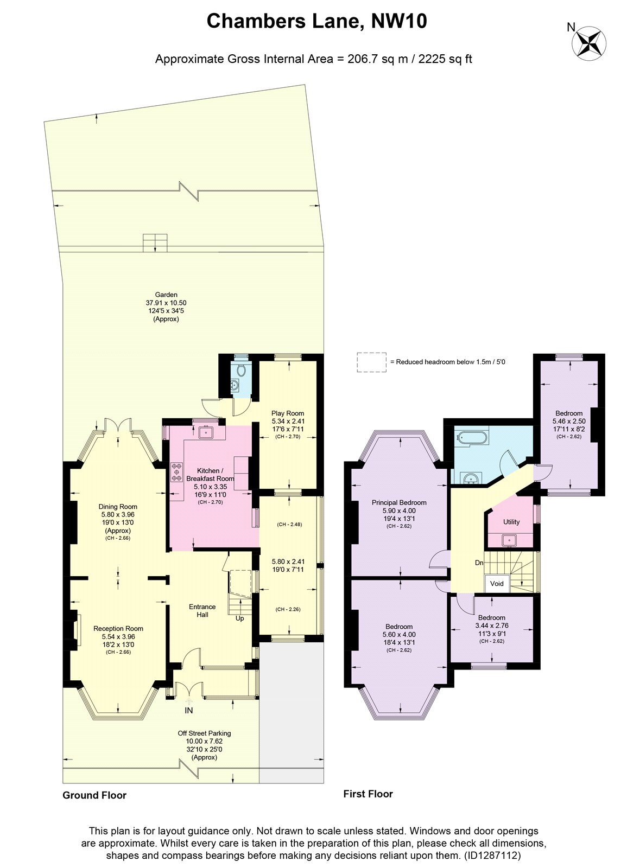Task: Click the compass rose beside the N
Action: click(x=589, y=43)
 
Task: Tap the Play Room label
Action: click(x=287, y=413)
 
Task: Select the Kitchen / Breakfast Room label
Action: click(x=210, y=474)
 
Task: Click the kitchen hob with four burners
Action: click(x=177, y=473)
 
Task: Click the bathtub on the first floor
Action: click(x=469, y=437)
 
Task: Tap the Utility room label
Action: click(x=511, y=521)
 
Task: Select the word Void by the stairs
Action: click(x=497, y=583)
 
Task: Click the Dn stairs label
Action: click(x=479, y=563)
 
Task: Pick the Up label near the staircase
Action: click(x=239, y=618)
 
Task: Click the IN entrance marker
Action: click(x=189, y=710)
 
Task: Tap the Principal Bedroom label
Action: click(x=399, y=502)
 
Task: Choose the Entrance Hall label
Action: click(x=202, y=610)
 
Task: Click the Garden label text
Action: click(x=166, y=295)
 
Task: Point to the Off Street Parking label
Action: click(x=204, y=733)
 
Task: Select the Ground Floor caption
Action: click(x=94, y=795)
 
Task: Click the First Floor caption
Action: click(x=368, y=794)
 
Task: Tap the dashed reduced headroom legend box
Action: click(x=371, y=362)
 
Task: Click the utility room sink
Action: click(x=508, y=540)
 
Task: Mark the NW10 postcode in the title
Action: click(x=399, y=21)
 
